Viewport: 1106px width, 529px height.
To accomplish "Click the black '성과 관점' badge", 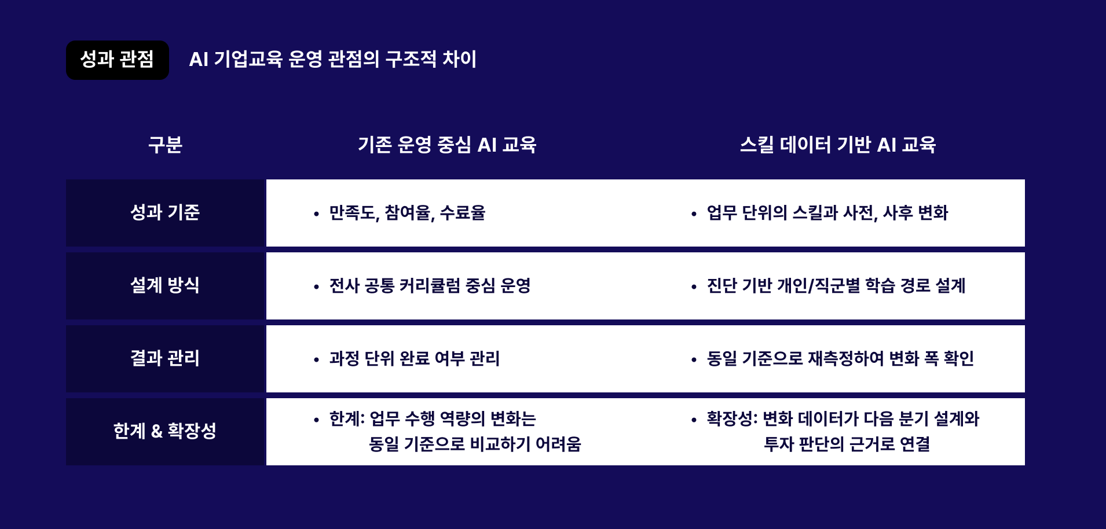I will [x=117, y=60].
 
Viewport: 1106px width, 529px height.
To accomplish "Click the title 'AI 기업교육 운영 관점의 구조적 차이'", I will [x=332, y=60].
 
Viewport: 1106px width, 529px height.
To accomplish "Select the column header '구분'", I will [x=165, y=145].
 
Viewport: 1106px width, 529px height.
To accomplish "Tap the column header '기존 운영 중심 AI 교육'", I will [x=447, y=145].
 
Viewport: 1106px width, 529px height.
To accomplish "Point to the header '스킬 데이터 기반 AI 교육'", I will [x=837, y=145].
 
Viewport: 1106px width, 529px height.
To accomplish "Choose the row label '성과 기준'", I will [x=165, y=212].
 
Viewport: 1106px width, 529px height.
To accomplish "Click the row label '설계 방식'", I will [x=165, y=285].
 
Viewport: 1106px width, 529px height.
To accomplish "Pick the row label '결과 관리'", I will [x=165, y=358].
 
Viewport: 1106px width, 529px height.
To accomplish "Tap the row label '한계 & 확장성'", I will [x=165, y=431].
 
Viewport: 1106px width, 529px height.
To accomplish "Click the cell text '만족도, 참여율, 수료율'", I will [x=407, y=213].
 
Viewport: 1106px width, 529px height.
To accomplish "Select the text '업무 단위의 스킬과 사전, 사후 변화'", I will [x=827, y=213].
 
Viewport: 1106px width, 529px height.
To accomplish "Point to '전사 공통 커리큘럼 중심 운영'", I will [x=430, y=286].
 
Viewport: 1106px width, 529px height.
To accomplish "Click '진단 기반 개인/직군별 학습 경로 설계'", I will [x=836, y=286].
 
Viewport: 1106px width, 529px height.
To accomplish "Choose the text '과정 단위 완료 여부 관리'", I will [x=414, y=359].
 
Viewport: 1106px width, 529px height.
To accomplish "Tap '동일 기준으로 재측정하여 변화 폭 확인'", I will [x=840, y=359].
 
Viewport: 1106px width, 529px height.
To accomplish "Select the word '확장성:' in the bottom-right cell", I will [x=732, y=419].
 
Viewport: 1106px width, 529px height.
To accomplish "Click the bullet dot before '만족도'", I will [x=316, y=214].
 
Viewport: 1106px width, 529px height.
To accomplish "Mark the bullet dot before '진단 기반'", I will [x=694, y=287].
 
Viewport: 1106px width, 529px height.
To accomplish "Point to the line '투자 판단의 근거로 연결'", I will [x=847, y=444].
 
